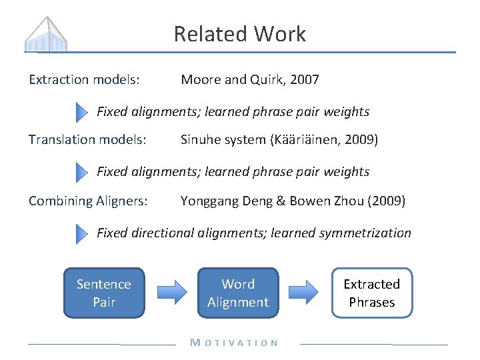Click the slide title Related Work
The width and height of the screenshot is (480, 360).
pyautogui.click(x=240, y=34)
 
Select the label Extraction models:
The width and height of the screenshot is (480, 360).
pyautogui.click(x=84, y=80)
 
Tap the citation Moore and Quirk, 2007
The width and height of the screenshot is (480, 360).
pyautogui.click(x=250, y=80)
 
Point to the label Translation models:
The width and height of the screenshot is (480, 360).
pyautogui.click(x=87, y=140)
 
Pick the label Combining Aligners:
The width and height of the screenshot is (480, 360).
pyautogui.click(x=88, y=201)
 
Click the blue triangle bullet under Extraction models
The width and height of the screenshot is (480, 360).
pyautogui.click(x=81, y=112)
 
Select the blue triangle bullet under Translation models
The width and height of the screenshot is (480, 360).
pyautogui.click(x=81, y=172)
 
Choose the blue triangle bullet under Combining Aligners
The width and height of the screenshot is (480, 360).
pyautogui.click(x=81, y=233)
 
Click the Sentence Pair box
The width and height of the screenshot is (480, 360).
pyautogui.click(x=104, y=293)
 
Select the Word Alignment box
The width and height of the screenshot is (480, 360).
pyautogui.click(x=238, y=293)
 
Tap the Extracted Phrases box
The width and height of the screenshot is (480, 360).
pyautogui.click(x=371, y=293)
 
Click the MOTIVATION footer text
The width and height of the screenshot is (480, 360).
pyautogui.click(x=234, y=343)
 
